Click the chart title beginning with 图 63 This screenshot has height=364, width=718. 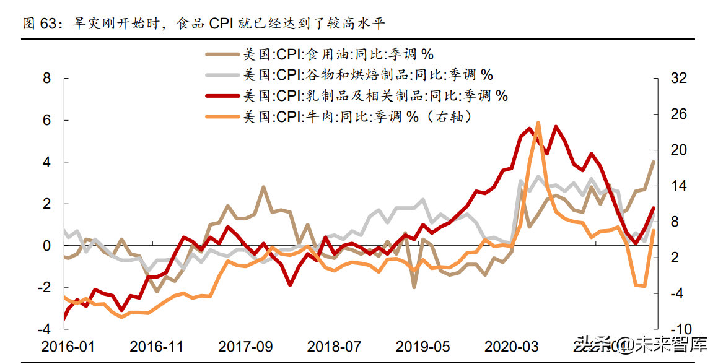(204, 24)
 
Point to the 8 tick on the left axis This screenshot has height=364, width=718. (46, 79)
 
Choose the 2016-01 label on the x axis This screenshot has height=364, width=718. (69, 346)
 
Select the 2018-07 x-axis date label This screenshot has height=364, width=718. (335, 346)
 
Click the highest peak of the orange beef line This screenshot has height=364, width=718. (538, 123)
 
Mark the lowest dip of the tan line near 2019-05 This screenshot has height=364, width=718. (414, 287)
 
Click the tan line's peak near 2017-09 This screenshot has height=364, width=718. (263, 186)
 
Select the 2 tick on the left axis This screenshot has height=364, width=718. (46, 204)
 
